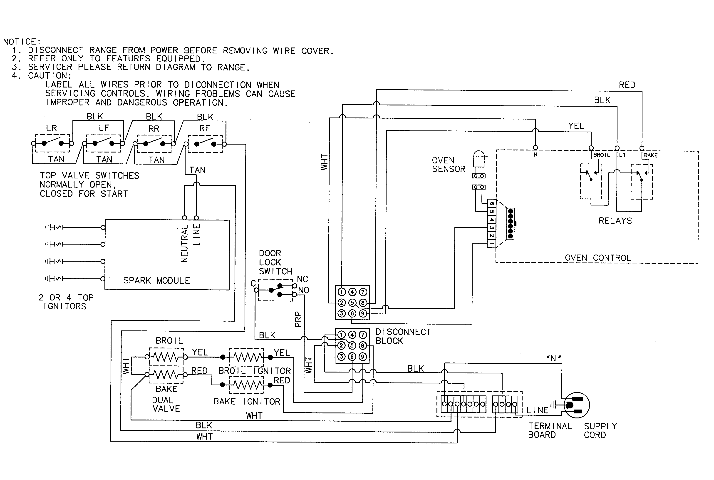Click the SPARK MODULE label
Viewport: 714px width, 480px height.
coord(156,280)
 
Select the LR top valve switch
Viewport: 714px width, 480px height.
coord(52,143)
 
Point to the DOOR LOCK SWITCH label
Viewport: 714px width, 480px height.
coord(275,262)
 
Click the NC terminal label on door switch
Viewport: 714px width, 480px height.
coord(302,279)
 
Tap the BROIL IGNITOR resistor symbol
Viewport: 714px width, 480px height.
coord(246,357)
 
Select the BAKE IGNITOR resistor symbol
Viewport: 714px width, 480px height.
coord(246,385)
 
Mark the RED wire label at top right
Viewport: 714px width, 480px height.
coord(627,85)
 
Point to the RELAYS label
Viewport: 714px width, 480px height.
coord(615,221)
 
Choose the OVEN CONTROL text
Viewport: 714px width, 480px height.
coord(597,258)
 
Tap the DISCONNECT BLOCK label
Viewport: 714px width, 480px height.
coord(403,336)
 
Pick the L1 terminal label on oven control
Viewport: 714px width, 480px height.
coord(622,155)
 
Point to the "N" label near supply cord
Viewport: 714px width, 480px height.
coord(553,358)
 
